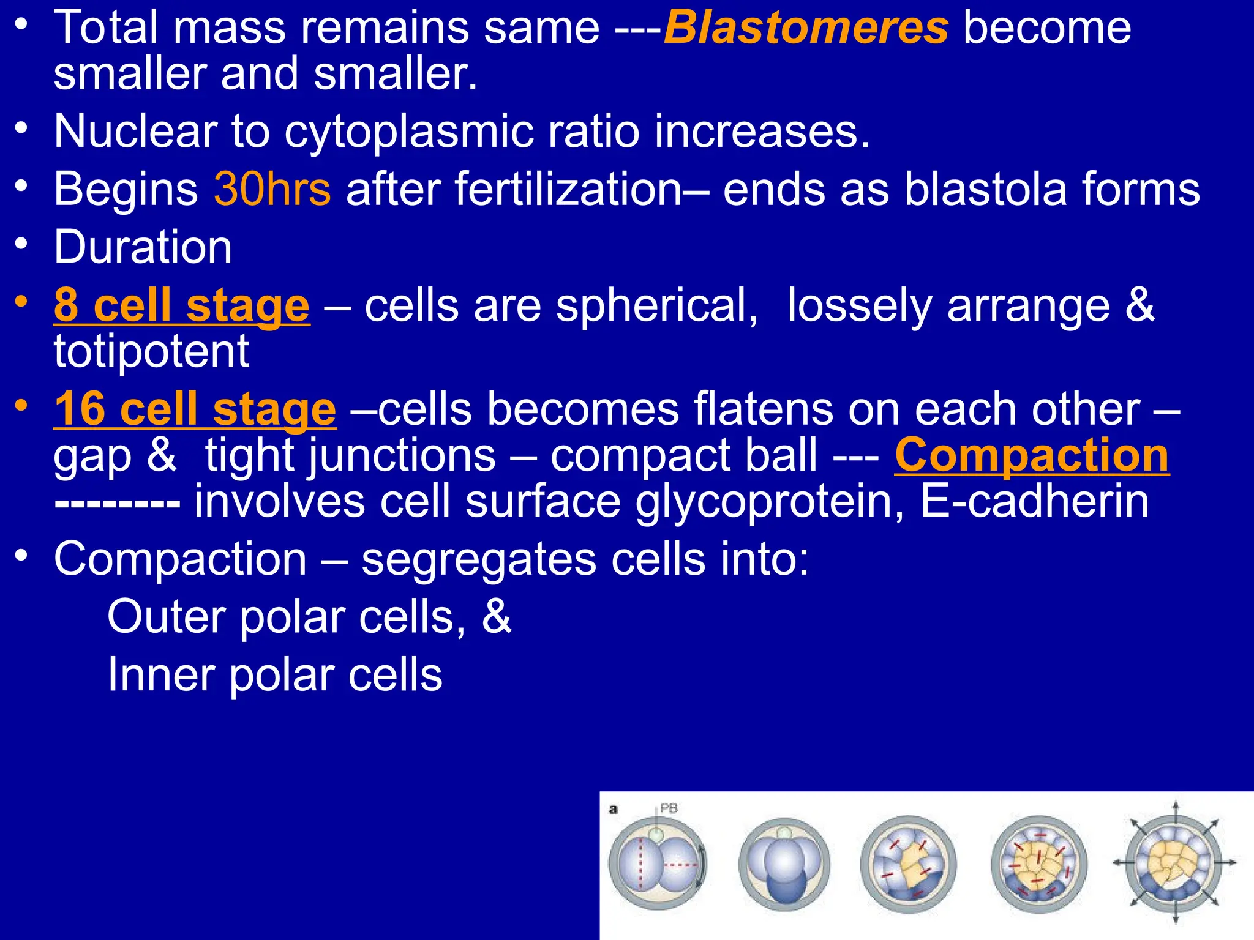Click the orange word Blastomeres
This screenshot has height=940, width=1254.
pyautogui.click(x=806, y=28)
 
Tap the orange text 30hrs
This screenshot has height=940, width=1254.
pyautogui.click(x=272, y=189)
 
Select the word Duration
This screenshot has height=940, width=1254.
pyautogui.click(x=143, y=247)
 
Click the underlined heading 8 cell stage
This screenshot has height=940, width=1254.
pyautogui.click(x=182, y=305)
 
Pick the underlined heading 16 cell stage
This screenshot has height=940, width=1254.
pyautogui.click(x=195, y=409)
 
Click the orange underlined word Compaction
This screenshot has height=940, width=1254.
pyautogui.click(x=1032, y=455)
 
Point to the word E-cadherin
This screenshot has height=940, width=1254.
pyautogui.click(x=1034, y=501)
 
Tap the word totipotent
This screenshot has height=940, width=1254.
pyautogui.click(x=151, y=351)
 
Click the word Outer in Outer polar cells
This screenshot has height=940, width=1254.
pyautogui.click(x=165, y=617)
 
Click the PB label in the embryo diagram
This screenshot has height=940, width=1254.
pyautogui.click(x=669, y=808)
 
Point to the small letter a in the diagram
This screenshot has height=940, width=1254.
pyautogui.click(x=613, y=810)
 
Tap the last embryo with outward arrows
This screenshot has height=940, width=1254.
pyautogui.click(x=1174, y=863)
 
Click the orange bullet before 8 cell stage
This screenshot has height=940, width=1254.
pyautogui.click(x=22, y=302)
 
